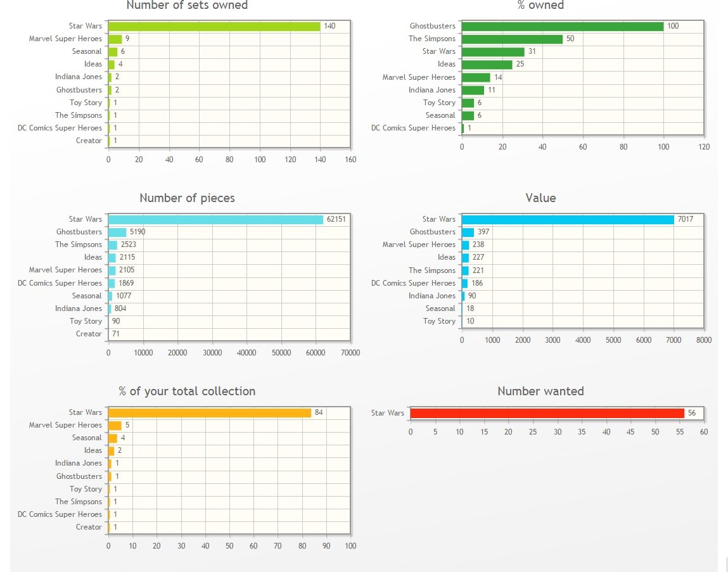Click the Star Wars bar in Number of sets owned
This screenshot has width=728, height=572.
point(214,26)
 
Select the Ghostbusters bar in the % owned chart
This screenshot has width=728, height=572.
point(563,26)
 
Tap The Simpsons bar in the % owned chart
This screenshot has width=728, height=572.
point(512,39)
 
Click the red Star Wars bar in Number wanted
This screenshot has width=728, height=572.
point(547,413)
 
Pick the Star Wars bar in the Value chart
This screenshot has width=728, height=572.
point(568,219)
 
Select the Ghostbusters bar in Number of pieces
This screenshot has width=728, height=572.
point(117,232)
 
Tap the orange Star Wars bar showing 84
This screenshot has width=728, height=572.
point(210,412)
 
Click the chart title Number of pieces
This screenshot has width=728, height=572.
point(187,198)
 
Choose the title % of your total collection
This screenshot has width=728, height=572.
point(187,391)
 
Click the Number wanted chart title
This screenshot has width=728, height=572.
point(540,391)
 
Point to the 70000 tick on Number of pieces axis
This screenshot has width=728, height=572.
point(350,353)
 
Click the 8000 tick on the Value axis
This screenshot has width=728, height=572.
point(703,340)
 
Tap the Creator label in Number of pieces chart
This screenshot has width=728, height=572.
point(89,334)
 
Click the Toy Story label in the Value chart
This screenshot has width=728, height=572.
point(439,321)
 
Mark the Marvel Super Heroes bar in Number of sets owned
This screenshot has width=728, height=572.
point(115,39)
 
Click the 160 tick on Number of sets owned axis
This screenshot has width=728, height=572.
point(350,160)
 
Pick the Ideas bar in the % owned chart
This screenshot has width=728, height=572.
point(487,64)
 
